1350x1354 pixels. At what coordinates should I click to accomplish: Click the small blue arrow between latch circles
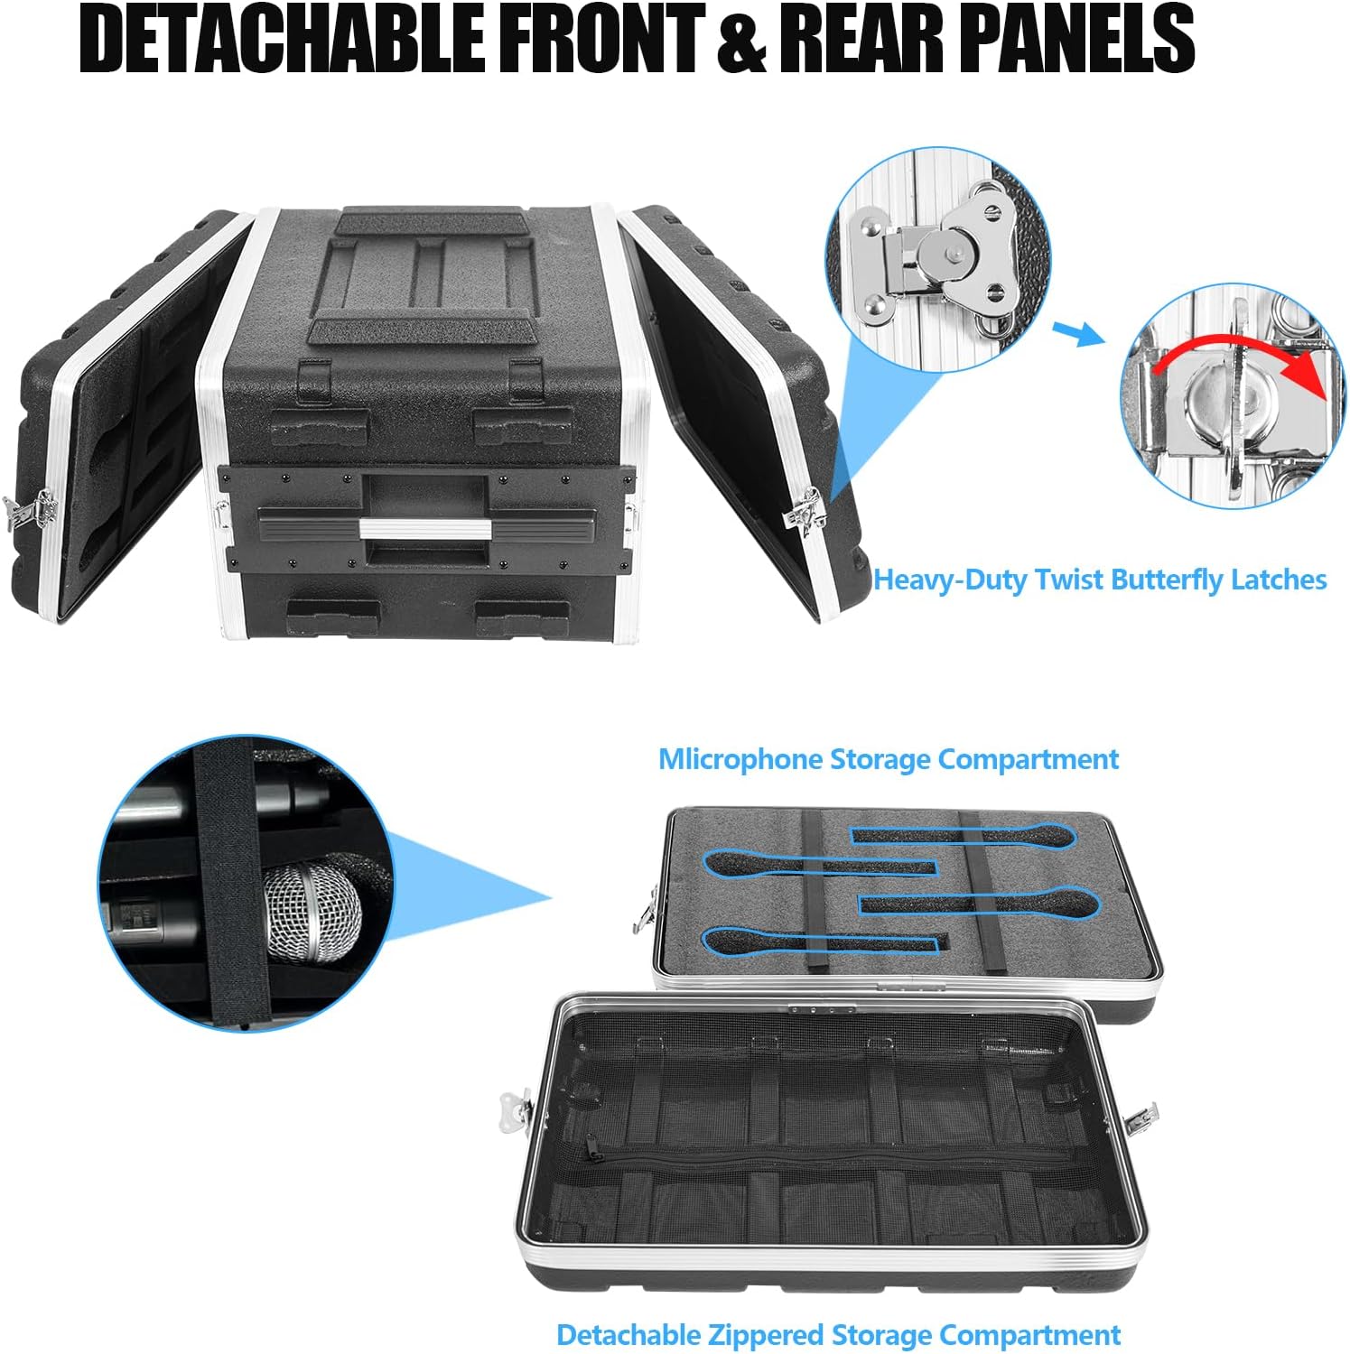[1078, 333]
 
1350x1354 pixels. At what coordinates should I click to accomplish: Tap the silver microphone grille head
[312, 916]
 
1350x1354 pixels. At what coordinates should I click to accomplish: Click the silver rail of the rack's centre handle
[424, 528]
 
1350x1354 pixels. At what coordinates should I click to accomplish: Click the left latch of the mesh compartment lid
[516, 1109]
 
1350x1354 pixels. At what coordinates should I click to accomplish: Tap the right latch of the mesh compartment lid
[1140, 1118]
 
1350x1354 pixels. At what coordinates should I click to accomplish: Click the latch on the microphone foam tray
[645, 907]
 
